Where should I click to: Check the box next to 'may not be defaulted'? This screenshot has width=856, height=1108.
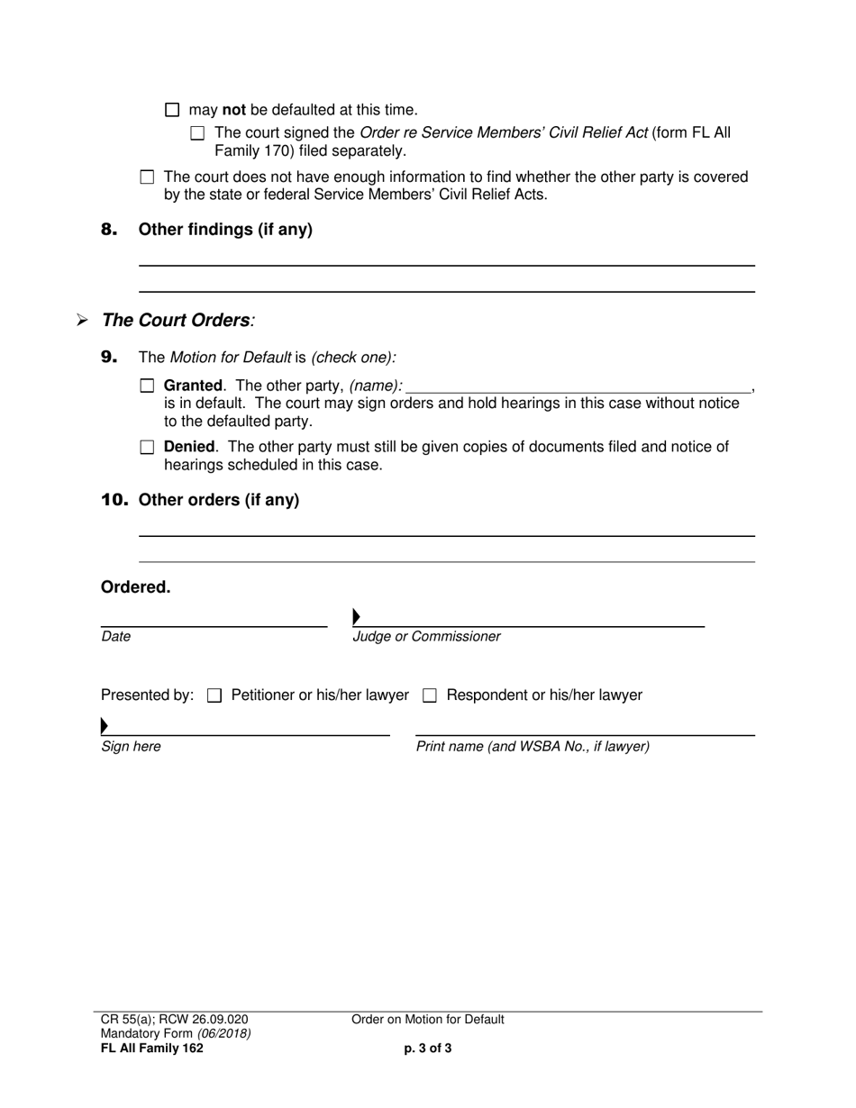point(173,111)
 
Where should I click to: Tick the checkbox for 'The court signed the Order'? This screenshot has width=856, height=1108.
point(198,133)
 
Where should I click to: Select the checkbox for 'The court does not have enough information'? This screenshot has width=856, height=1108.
point(148,177)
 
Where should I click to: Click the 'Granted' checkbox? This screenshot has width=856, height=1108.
point(148,386)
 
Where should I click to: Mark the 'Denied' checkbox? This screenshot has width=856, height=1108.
point(148,447)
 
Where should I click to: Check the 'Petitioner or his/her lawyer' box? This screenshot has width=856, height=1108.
point(214,695)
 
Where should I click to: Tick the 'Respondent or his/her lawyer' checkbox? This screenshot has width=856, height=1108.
point(430,695)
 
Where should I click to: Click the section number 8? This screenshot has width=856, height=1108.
point(109,230)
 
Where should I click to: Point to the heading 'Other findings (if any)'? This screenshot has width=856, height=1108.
point(225,230)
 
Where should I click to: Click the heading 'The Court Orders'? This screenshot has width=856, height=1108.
point(177,321)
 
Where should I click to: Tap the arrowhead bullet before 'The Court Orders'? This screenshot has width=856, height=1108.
point(82,321)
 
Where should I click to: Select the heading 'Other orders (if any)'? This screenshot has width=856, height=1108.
point(219,500)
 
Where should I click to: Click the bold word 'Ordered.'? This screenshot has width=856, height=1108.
point(135,587)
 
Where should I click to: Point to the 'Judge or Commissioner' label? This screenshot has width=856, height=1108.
point(426,637)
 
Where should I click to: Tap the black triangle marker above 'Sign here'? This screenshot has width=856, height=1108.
point(105,725)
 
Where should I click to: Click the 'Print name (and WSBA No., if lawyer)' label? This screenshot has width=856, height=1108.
point(533,747)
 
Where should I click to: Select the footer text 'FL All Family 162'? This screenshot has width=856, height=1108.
point(152,1048)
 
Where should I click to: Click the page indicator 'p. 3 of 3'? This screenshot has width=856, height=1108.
point(428,1048)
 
